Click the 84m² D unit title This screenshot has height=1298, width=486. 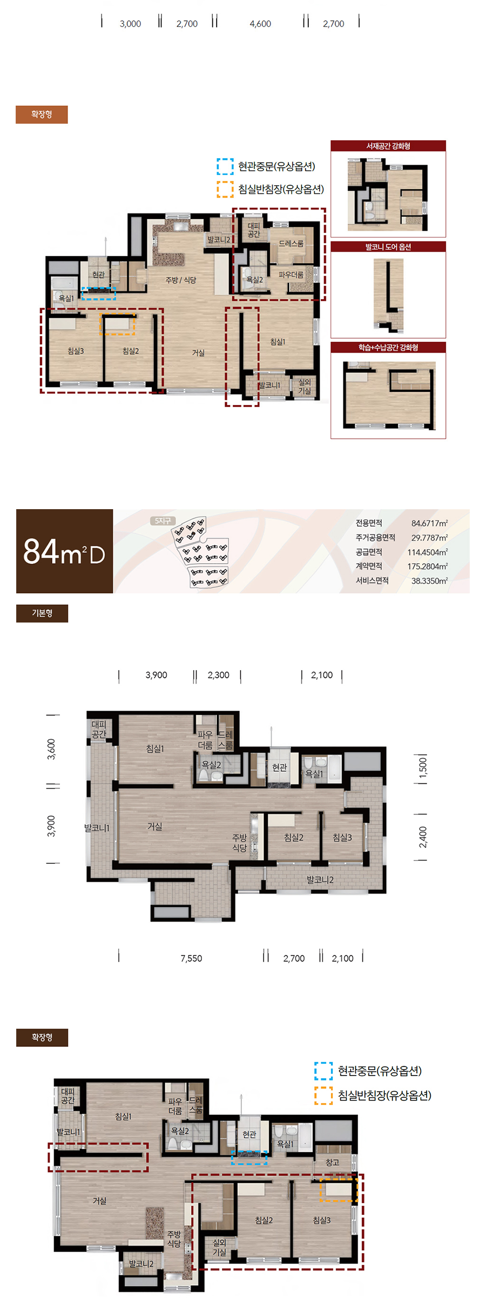(64, 551)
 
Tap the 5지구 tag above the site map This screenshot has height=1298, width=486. (163, 520)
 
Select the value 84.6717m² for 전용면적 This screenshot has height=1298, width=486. (429, 523)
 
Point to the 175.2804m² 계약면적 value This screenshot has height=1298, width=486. (427, 566)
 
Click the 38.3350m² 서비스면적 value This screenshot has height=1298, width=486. (429, 581)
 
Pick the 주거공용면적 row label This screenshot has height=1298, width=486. (375, 537)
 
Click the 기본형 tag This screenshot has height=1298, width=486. (42, 613)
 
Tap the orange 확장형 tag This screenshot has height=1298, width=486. (42, 114)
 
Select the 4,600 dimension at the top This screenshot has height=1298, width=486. (260, 24)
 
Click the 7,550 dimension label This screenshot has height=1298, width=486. (191, 958)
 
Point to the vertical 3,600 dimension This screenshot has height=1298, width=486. (52, 749)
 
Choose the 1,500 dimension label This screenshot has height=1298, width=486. (423, 767)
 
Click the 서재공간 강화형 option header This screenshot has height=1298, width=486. (388, 146)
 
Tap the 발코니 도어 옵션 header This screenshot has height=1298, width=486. (388, 247)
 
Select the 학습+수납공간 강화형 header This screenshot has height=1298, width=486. (388, 347)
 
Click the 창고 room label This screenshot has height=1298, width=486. (332, 1162)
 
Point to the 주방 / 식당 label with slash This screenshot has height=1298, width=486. (180, 280)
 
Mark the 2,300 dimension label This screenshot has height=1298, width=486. (218, 675)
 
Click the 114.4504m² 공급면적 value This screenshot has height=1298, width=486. (427, 552)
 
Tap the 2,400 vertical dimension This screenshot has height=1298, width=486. (423, 837)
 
